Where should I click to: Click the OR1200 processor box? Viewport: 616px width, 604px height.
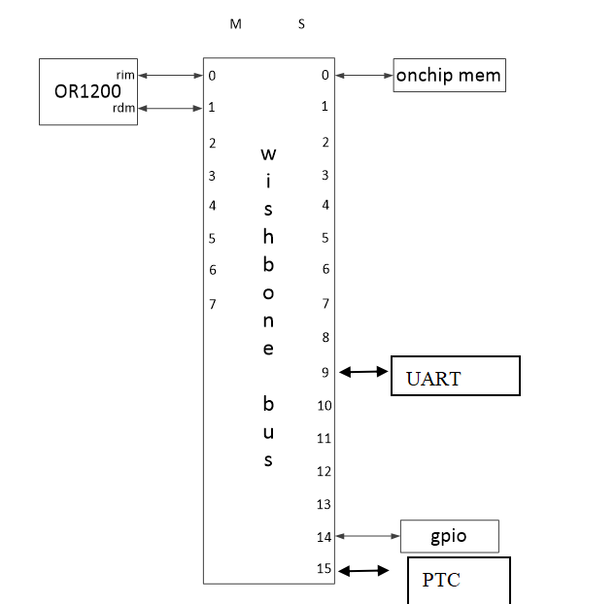pyautogui.click(x=86, y=91)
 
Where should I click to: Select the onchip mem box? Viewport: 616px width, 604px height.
pyautogui.click(x=449, y=76)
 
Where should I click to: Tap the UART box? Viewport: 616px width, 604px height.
pyautogui.click(x=455, y=376)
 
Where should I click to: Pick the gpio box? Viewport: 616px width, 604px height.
pyautogui.click(x=449, y=536)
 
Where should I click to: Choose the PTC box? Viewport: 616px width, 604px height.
pyautogui.click(x=458, y=580)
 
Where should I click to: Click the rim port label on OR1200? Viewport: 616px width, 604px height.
pyautogui.click(x=125, y=74)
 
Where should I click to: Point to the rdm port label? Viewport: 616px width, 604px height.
pyautogui.click(x=124, y=108)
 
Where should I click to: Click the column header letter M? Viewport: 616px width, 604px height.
pyautogui.click(x=235, y=24)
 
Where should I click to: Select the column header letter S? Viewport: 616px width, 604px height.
pyautogui.click(x=301, y=24)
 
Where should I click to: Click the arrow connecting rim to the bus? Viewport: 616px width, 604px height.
pyautogui.click(x=169, y=75)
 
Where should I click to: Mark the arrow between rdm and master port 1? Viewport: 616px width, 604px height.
pyautogui.click(x=169, y=108)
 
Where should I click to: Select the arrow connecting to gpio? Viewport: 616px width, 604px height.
pyautogui.click(x=366, y=536)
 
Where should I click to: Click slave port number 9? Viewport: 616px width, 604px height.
pyautogui.click(x=325, y=372)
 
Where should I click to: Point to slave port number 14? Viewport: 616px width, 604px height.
pyautogui.click(x=325, y=536)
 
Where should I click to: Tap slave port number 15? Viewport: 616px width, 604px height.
pyautogui.click(x=325, y=570)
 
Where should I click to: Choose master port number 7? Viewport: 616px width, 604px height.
pyautogui.click(x=212, y=304)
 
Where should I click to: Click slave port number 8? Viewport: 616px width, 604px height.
pyautogui.click(x=325, y=338)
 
